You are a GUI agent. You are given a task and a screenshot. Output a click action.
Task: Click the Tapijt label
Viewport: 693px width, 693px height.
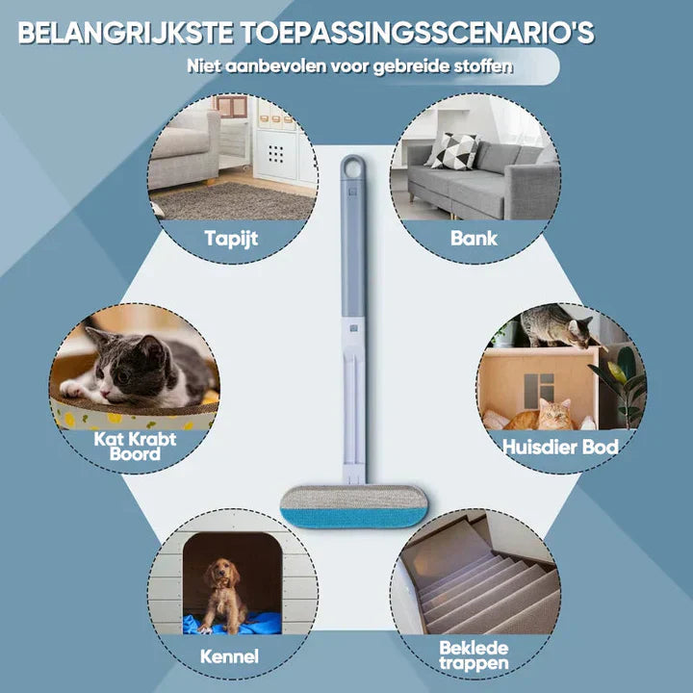point(232,237)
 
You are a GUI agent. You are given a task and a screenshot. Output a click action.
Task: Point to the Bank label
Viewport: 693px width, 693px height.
point(475,237)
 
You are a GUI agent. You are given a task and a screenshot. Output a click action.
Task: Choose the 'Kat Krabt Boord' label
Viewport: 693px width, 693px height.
point(135,445)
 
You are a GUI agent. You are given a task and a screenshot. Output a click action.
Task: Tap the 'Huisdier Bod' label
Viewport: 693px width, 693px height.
point(560,447)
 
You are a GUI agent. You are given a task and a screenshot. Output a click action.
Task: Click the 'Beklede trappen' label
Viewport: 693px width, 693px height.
point(475,655)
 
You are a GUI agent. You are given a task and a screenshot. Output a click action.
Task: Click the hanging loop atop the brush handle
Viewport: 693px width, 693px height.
point(352,166)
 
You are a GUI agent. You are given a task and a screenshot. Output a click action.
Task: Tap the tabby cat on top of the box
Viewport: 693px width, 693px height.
point(552,328)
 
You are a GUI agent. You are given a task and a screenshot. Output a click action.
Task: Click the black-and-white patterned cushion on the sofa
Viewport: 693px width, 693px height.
point(452,150)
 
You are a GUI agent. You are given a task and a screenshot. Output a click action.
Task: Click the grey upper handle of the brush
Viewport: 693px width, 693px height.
point(353,250)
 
